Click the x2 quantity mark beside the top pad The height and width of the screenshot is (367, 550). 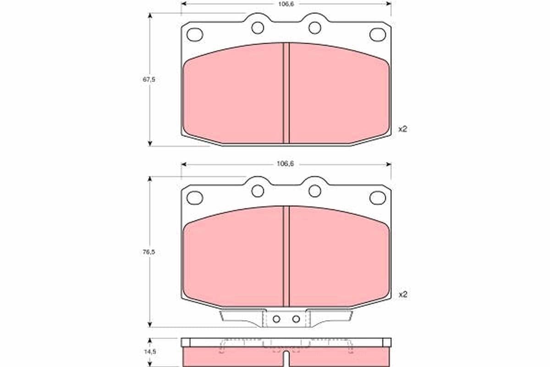point(402,129)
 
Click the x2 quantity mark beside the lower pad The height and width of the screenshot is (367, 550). point(402,294)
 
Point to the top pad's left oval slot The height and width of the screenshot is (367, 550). point(195,34)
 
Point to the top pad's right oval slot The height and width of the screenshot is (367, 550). point(378,34)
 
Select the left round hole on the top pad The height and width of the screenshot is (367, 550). point(258,28)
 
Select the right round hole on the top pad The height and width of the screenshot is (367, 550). point(314,28)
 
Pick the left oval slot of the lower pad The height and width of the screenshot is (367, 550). point(195,198)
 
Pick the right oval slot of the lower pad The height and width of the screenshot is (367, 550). point(378,198)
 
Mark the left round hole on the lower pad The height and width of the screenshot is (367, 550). point(258,191)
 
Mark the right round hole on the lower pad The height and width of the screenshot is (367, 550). point(314,191)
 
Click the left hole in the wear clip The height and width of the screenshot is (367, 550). point(276,319)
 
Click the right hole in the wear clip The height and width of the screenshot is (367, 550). point(296,319)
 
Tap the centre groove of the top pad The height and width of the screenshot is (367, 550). point(286,93)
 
